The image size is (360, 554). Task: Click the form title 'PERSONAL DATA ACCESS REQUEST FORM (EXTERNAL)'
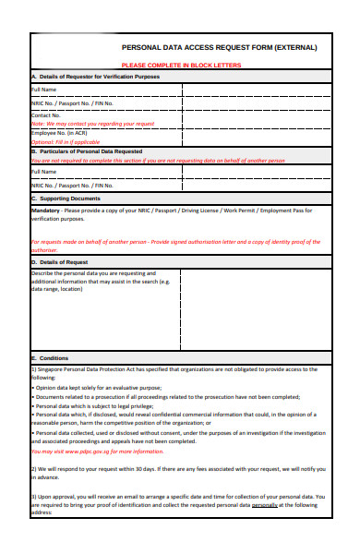click(x=219, y=47)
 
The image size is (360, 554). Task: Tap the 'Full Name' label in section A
click(x=45, y=90)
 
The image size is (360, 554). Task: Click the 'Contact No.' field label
click(x=46, y=115)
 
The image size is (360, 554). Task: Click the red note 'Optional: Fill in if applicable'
click(x=66, y=142)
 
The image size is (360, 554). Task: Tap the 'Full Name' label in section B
click(x=45, y=172)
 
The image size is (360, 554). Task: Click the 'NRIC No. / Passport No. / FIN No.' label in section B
click(x=74, y=186)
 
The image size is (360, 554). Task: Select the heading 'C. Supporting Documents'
click(x=66, y=199)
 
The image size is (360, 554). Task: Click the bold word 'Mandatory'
click(x=45, y=210)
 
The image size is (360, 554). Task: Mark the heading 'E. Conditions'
click(x=50, y=357)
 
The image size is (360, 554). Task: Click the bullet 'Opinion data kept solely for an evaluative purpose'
click(x=99, y=388)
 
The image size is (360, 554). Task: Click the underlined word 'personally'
click(x=265, y=506)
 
